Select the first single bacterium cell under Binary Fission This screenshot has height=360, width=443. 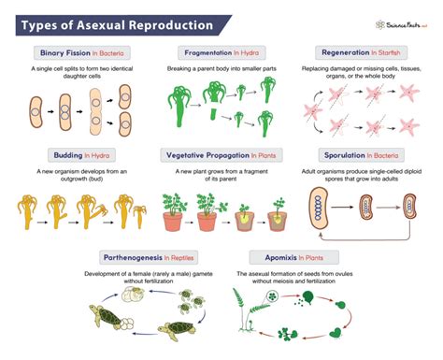(x=35, y=108)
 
